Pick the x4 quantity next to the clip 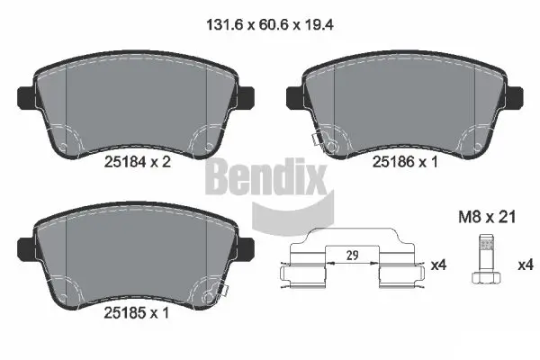coord(438,265)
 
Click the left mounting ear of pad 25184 coord(25,94)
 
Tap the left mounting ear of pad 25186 coord(292,94)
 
